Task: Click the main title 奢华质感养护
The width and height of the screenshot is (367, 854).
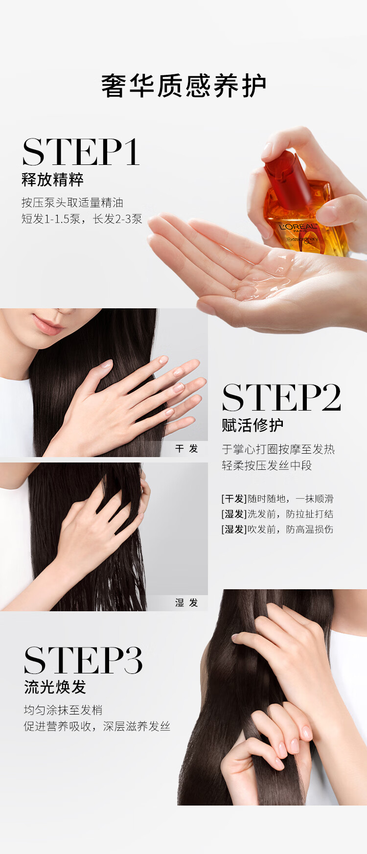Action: [x=183, y=86]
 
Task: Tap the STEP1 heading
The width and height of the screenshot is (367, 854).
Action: [x=81, y=152]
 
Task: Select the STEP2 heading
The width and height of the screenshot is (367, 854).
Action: [x=281, y=397]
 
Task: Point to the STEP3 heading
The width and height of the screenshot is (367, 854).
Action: [x=83, y=660]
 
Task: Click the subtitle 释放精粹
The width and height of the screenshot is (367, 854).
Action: [x=52, y=180]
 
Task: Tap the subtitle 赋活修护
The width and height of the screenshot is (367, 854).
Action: [x=252, y=425]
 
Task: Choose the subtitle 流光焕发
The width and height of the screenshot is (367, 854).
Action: [x=55, y=687]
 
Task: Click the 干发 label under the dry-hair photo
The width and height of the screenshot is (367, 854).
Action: [x=186, y=449]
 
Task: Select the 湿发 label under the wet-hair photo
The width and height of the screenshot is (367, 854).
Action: [x=186, y=602]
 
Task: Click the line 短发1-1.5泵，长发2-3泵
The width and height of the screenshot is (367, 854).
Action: [x=82, y=219]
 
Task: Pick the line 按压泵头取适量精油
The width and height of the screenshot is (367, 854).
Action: [x=72, y=203]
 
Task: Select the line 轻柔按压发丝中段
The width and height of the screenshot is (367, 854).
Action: [x=267, y=465]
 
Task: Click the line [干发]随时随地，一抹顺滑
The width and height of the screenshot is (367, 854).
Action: [x=277, y=499]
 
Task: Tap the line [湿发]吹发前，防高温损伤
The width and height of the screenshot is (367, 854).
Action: [x=277, y=529]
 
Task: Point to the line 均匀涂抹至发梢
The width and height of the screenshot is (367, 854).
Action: [x=63, y=710]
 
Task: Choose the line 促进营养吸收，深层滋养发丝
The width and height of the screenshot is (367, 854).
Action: [x=97, y=726]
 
